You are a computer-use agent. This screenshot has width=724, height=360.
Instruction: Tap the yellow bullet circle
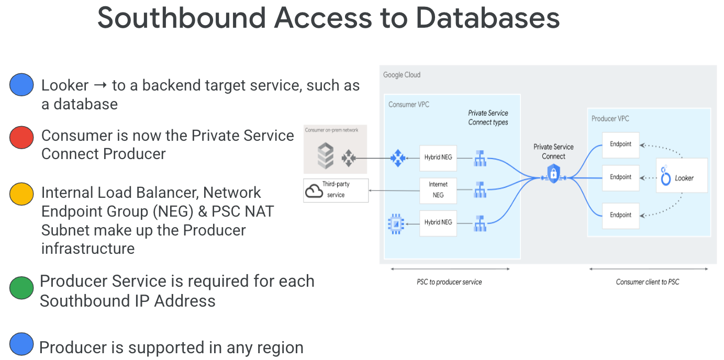tap(21, 194)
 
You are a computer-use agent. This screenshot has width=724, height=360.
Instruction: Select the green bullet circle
tap(21, 288)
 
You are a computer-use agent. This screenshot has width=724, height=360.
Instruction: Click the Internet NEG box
tap(438, 190)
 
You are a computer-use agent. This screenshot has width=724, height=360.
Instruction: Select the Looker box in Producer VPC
tap(682, 177)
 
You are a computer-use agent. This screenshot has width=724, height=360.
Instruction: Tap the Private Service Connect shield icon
tap(553, 174)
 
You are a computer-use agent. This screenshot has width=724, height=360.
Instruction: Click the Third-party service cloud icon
tap(314, 191)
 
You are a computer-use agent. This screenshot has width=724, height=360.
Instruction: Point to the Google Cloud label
tap(402, 75)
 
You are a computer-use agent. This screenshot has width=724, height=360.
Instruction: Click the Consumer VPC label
tap(408, 105)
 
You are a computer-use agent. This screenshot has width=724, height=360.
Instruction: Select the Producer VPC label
tap(610, 119)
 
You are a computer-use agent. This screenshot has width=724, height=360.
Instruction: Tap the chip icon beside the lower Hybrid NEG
tap(396, 223)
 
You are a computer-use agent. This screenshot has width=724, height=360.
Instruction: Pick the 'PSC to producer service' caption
tap(449, 282)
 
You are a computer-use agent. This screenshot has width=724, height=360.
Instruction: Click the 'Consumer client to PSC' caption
tap(648, 282)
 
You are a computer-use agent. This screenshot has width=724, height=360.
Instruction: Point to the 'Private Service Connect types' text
tap(488, 118)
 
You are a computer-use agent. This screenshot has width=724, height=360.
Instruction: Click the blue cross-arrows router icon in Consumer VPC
tap(397, 157)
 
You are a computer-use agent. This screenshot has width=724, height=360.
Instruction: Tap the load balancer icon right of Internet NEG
tap(480, 190)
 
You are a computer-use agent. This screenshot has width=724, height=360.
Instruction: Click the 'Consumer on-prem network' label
tap(332, 130)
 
